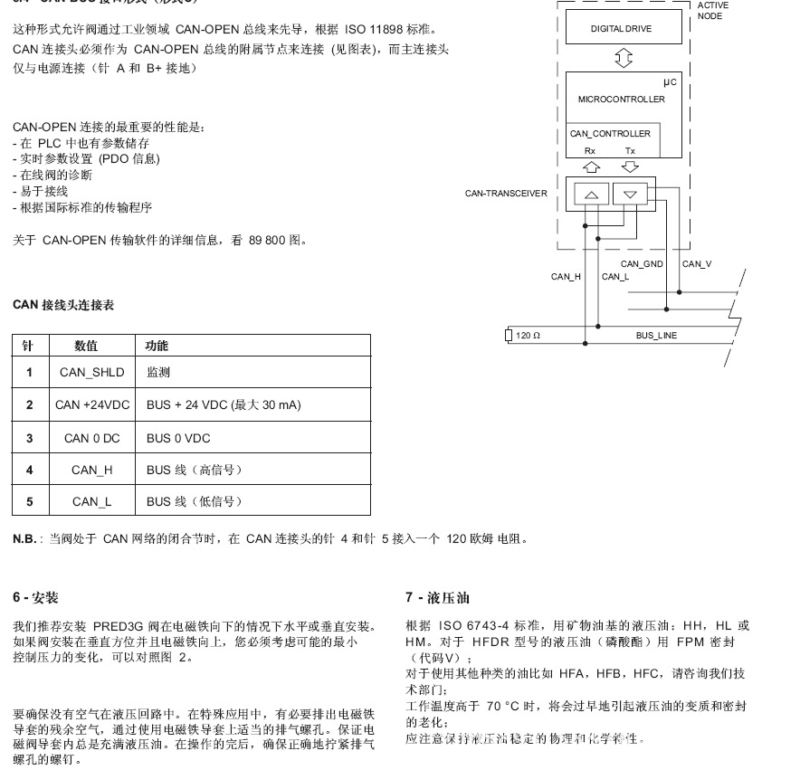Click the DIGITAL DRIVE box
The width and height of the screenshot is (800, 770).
click(x=621, y=29)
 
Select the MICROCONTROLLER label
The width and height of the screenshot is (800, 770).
click(x=621, y=100)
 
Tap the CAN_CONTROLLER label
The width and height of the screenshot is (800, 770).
click(x=610, y=134)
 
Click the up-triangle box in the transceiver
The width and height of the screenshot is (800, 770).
click(x=590, y=195)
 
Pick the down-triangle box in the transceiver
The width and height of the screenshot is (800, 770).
click(x=631, y=195)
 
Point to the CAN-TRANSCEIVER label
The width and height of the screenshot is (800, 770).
click(x=506, y=194)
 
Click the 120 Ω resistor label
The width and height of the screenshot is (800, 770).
click(x=528, y=336)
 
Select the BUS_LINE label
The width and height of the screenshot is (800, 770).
click(x=655, y=336)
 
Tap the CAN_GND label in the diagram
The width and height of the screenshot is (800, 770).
click(x=642, y=264)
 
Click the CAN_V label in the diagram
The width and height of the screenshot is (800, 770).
click(x=696, y=264)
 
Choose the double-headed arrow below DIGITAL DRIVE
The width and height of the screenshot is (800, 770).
click(x=624, y=59)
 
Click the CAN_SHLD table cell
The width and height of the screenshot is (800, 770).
click(x=91, y=372)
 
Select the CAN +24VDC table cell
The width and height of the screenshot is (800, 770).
click(x=91, y=404)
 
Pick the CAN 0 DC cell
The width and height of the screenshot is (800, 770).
click(x=91, y=438)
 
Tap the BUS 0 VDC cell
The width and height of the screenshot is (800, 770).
click(x=177, y=438)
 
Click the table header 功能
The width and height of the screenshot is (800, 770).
click(x=157, y=346)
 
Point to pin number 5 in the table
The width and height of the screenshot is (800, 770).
click(x=29, y=501)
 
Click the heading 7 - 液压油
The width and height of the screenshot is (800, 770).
click(x=437, y=598)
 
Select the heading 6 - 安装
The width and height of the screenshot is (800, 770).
click(x=35, y=598)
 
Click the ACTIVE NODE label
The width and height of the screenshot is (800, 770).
click(x=712, y=11)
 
